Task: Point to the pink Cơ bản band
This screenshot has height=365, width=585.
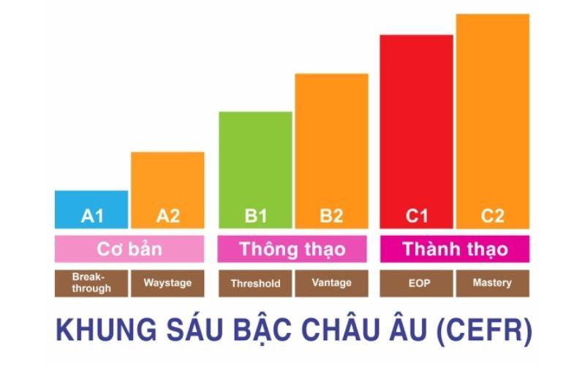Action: pyautogui.click(x=129, y=249)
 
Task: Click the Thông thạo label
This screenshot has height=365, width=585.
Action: pyautogui.click(x=292, y=249)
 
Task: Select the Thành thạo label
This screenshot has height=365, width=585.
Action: pyautogui.click(x=455, y=249)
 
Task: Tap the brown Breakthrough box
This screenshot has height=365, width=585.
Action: pyautogui.click(x=91, y=283)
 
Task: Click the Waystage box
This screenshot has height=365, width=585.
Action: pyautogui.click(x=167, y=283)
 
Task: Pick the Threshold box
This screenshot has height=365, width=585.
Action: pyautogui.click(x=255, y=283)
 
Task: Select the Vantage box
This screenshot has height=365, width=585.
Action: pyautogui.click(x=331, y=283)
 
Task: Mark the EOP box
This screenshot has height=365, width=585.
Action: pyautogui.click(x=416, y=283)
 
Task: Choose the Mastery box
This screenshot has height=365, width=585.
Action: pyautogui.click(x=492, y=283)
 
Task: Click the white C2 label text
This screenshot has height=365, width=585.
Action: pyautogui.click(x=492, y=216)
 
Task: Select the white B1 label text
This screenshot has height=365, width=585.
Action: pyautogui.click(x=255, y=216)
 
